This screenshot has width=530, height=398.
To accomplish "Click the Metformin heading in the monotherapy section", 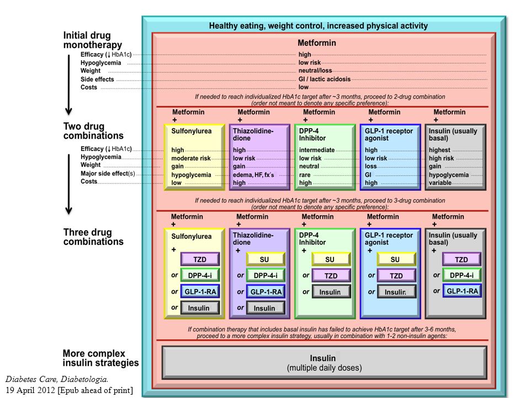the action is click(x=317, y=43).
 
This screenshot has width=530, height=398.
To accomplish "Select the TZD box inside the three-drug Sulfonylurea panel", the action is click(x=200, y=259).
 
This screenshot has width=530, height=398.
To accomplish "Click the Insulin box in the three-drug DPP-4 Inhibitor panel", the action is click(x=331, y=292).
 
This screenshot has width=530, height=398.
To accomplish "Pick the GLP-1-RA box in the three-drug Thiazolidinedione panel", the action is click(x=266, y=292).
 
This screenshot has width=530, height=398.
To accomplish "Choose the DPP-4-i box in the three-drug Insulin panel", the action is click(x=462, y=275).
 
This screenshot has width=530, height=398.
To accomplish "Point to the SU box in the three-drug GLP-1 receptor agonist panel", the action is click(x=396, y=259).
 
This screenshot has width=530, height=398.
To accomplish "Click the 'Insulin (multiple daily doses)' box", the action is click(x=325, y=363).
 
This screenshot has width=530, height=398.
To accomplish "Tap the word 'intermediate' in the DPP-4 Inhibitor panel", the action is click(x=317, y=150).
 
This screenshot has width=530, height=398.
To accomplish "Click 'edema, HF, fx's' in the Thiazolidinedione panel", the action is click(x=253, y=175).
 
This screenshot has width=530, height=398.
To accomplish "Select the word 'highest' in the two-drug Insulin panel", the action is click(x=439, y=150).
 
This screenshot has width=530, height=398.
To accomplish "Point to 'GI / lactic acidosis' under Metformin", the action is click(x=325, y=79).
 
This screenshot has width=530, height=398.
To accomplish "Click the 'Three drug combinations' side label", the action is click(x=93, y=237).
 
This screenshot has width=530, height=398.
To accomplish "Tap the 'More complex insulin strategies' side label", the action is click(x=100, y=358).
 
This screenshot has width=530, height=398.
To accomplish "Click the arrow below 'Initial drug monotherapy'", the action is click(x=68, y=85).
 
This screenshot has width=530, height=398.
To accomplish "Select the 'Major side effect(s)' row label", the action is click(x=108, y=174).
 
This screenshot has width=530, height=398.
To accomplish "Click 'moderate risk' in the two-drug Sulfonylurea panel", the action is click(x=190, y=159).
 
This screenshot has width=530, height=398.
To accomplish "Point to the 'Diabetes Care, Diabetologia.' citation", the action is click(x=57, y=379).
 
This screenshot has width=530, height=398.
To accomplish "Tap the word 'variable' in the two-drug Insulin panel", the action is click(x=440, y=183).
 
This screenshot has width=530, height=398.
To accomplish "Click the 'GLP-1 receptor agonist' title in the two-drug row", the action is click(x=389, y=134).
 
